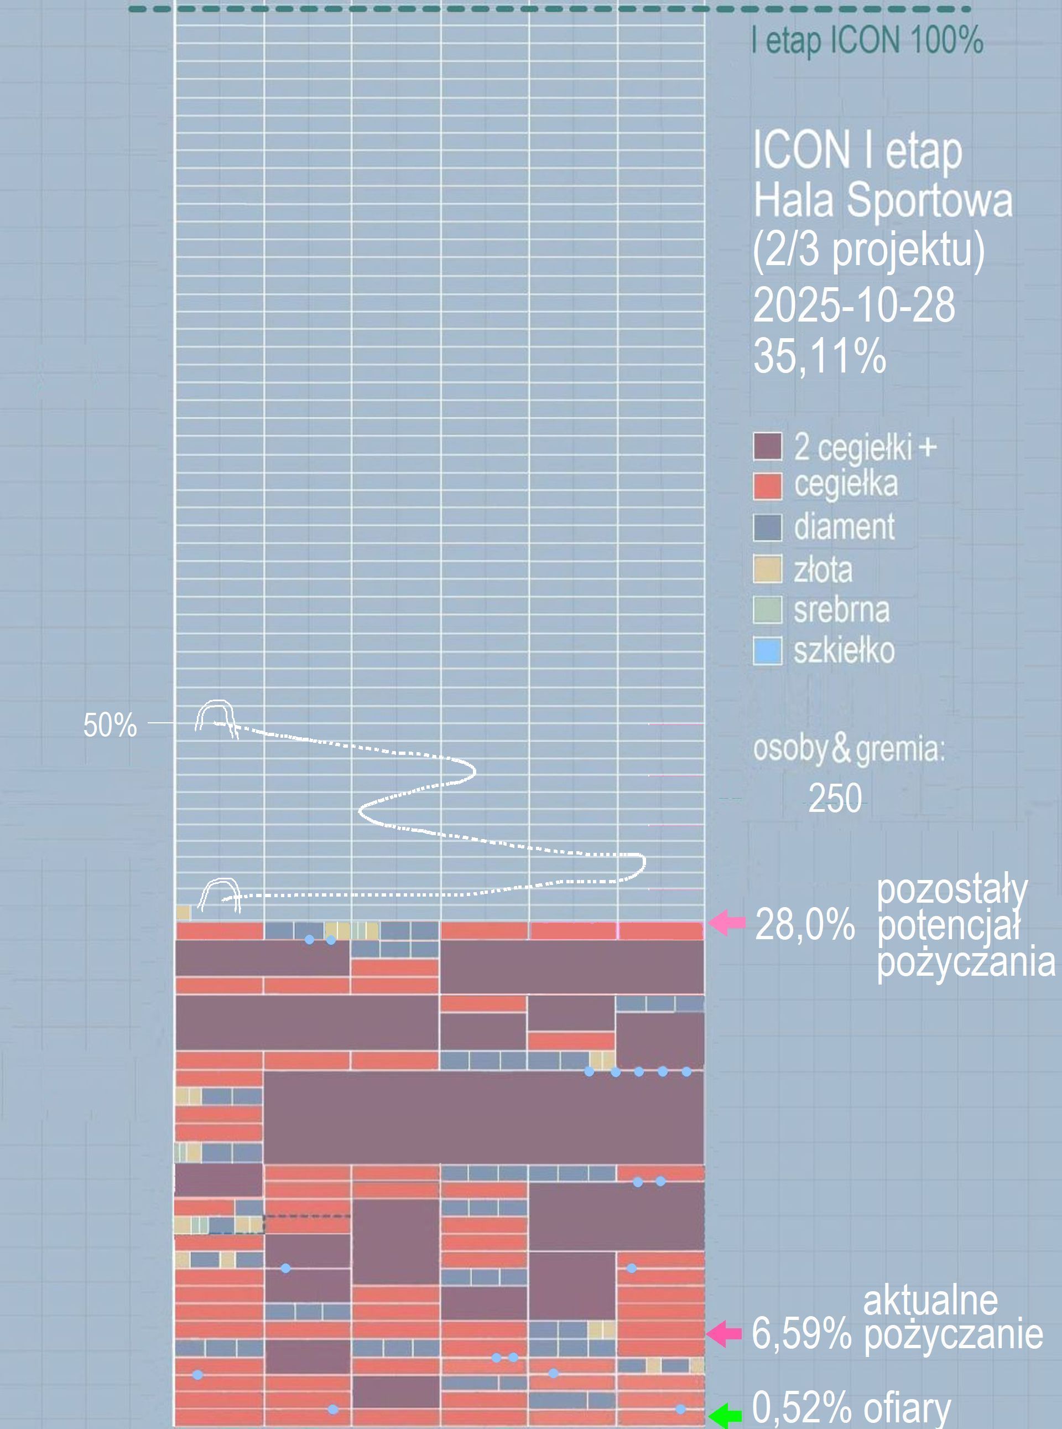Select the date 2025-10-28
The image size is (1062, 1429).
[x=853, y=305]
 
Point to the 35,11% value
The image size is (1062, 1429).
[x=819, y=356]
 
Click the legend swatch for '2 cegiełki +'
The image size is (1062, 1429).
[x=767, y=446]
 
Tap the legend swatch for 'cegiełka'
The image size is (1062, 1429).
[x=767, y=486]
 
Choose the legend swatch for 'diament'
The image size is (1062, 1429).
[x=767, y=527]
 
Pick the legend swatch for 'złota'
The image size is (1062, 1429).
[x=767, y=569]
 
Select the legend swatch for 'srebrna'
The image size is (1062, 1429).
[x=767, y=610]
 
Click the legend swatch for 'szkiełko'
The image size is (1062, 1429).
[x=767, y=651]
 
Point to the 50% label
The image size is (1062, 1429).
[x=110, y=726]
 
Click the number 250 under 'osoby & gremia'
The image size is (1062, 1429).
[x=835, y=798]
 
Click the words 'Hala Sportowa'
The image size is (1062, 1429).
[x=883, y=200]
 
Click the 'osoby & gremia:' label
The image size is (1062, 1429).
[x=848, y=749]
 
